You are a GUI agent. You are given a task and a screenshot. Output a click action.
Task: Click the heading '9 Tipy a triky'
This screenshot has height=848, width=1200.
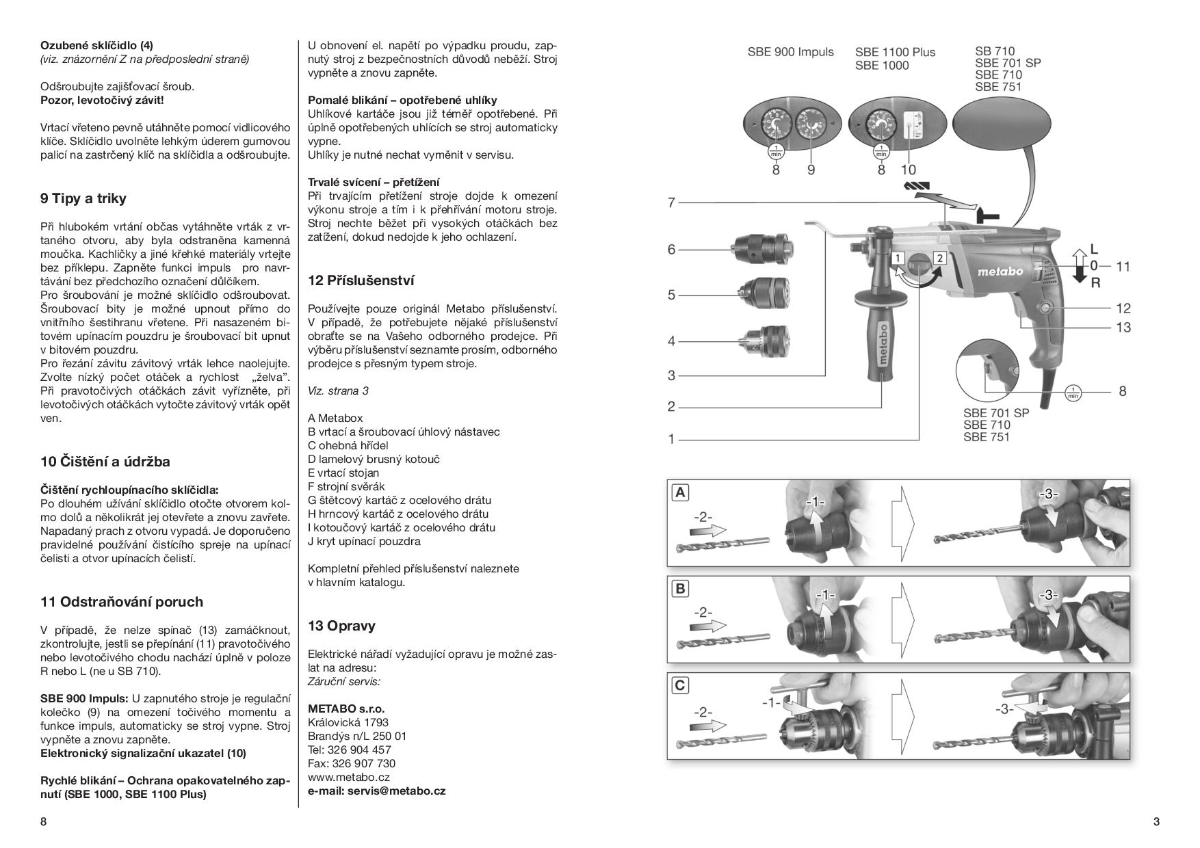(x=83, y=199)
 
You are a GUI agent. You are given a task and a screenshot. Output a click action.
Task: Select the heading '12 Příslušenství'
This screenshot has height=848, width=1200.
(x=361, y=280)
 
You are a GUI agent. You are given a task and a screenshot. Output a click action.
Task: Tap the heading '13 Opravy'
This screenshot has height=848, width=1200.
(x=341, y=626)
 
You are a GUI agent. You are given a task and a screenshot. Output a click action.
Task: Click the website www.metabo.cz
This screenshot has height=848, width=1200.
(x=349, y=777)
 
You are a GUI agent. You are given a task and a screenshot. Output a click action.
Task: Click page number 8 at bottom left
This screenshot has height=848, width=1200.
(x=43, y=822)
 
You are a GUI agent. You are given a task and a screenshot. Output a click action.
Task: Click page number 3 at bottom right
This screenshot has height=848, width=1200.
(x=1156, y=822)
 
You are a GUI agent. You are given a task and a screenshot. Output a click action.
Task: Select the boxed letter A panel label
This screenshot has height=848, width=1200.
(x=680, y=492)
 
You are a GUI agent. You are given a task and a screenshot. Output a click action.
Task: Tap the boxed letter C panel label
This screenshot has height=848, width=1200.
(x=680, y=685)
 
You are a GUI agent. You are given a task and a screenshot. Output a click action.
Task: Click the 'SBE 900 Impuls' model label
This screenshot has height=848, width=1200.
(x=790, y=52)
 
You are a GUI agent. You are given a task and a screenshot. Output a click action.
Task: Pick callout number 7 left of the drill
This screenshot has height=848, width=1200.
(x=671, y=202)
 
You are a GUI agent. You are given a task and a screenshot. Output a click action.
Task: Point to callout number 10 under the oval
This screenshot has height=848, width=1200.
(x=908, y=170)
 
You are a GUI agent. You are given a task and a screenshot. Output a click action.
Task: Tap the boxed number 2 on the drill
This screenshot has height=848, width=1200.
(x=940, y=258)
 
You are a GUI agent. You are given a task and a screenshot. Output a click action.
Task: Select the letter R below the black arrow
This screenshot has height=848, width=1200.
(x=1095, y=282)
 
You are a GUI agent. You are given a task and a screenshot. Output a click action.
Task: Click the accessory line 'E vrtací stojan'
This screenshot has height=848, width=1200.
(x=343, y=473)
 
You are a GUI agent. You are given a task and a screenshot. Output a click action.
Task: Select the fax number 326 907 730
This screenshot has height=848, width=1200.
(x=352, y=763)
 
